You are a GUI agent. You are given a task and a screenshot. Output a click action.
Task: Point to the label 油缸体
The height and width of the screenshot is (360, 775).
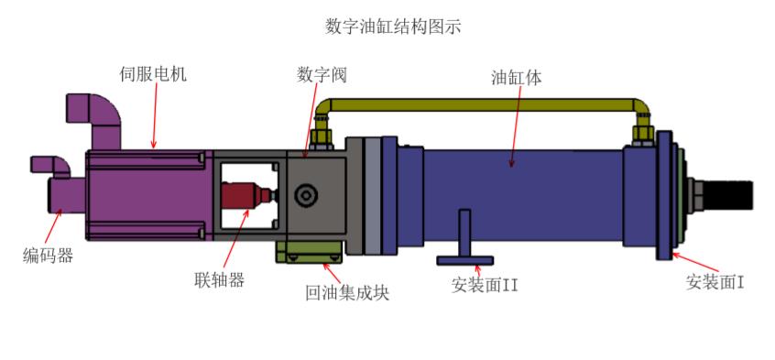tap(517, 78)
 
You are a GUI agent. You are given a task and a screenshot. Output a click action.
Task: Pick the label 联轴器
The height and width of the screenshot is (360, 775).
tap(219, 279)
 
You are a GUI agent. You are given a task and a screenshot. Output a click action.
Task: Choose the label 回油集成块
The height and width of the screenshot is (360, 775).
tap(347, 293)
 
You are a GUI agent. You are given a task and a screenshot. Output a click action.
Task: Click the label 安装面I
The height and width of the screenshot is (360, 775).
tap(715, 282)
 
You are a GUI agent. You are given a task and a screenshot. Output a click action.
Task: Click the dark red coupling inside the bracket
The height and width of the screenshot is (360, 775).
tap(244, 195)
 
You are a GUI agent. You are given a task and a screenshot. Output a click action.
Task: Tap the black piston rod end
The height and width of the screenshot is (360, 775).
tap(732, 195)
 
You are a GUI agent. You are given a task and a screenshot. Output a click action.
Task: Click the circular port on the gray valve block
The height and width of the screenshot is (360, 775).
tap(304, 195)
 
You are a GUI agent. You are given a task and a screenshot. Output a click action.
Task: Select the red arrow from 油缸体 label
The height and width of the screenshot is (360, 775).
tap(514, 128)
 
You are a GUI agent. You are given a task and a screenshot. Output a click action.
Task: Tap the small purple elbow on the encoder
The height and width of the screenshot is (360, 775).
tap(49, 166)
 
